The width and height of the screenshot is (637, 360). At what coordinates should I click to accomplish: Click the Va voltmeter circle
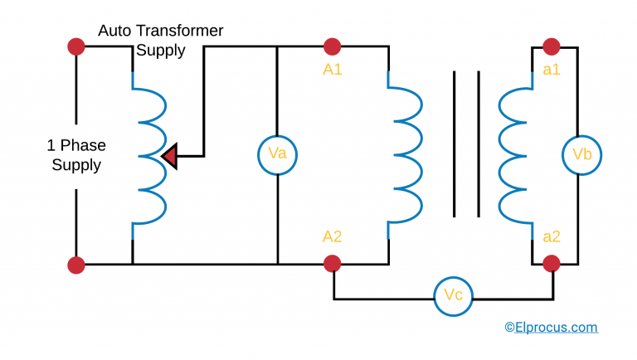(x=277, y=154)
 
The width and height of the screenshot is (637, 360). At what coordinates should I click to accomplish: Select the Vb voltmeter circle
(x=581, y=154)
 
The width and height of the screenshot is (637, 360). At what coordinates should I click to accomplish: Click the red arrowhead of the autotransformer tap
(x=170, y=155)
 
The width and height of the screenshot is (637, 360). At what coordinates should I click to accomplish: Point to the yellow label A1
(x=333, y=70)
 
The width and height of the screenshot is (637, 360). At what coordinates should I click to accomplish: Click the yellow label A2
(x=333, y=236)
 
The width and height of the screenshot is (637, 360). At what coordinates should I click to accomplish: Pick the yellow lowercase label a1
(x=552, y=70)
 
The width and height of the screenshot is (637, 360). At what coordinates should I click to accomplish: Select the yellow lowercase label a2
(x=552, y=236)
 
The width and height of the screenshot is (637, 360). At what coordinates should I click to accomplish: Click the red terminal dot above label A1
(x=333, y=46)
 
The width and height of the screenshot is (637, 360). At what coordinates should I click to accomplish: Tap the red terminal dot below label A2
(x=333, y=264)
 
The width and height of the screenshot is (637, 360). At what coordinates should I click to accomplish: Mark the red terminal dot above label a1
(x=552, y=46)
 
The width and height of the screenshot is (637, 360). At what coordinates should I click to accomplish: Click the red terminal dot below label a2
(x=552, y=264)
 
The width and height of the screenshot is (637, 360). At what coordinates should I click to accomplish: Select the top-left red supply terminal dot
(x=76, y=46)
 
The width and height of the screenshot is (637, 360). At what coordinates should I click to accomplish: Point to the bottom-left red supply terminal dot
(x=76, y=265)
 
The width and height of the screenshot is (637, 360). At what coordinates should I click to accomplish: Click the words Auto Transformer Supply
(x=161, y=41)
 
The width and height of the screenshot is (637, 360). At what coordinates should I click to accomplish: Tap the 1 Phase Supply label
(x=76, y=155)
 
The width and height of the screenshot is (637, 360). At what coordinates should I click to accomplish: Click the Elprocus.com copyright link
(x=551, y=327)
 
